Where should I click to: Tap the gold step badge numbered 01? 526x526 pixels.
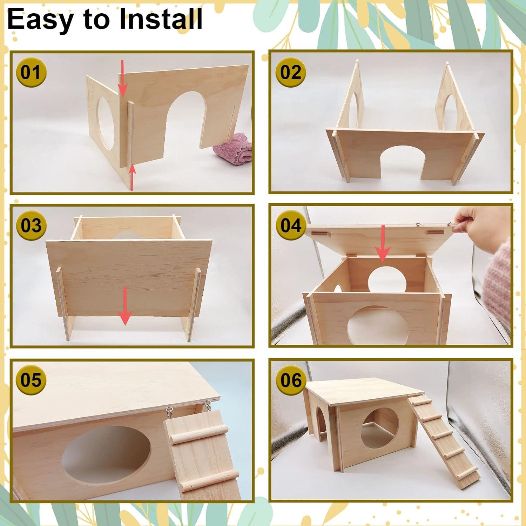pos(31,73)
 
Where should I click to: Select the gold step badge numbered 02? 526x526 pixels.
pos(291,73)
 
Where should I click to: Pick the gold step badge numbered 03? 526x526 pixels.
pos(31,225)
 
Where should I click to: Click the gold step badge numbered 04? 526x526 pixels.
pos(291,225)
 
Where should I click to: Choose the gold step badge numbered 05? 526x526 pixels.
pos(31,380)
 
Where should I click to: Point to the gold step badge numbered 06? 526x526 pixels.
pos(291,380)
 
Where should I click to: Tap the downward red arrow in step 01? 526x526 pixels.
pos(123,79)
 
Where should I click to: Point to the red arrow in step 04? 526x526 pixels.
pos(383,244)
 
